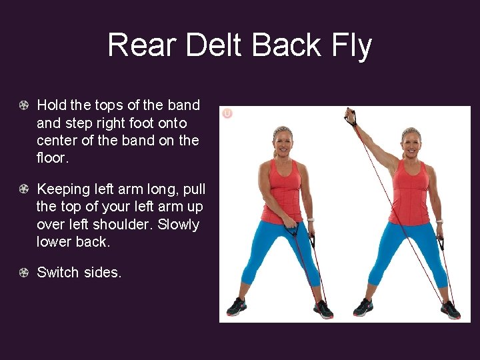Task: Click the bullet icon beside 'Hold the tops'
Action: pos(24,105)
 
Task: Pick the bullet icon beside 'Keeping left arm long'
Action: pos(24,189)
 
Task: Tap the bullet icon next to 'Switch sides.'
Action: pos(24,273)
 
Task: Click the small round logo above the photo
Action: pos(227,114)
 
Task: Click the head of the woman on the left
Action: pos(283,141)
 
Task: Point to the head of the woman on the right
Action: pos(411,141)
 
